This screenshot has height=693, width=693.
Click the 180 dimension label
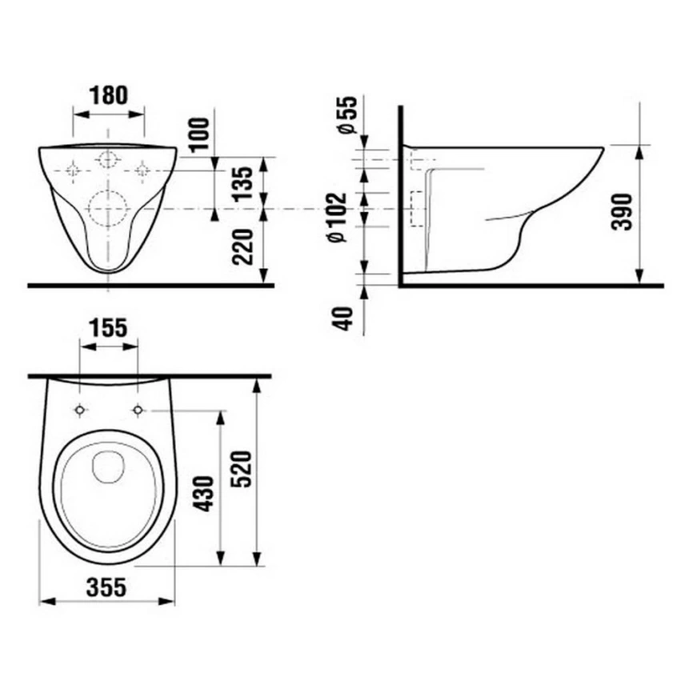(108, 95)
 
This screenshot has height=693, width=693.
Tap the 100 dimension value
(200, 134)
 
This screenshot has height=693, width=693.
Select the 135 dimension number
(243, 184)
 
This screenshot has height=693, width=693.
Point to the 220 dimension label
(243, 246)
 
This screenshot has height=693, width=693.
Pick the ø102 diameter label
(338, 217)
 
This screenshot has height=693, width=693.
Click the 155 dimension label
(108, 328)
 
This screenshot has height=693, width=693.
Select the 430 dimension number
(205, 493)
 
